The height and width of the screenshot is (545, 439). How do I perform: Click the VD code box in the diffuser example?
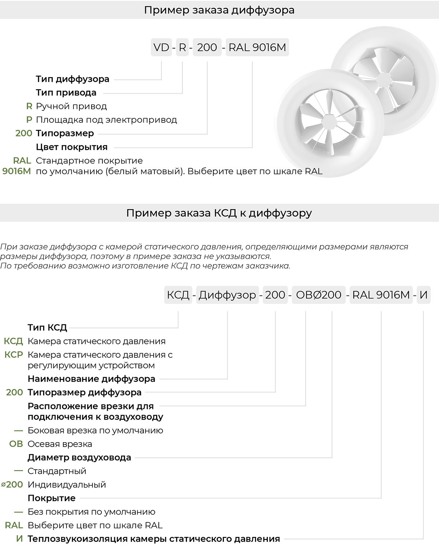[161, 47]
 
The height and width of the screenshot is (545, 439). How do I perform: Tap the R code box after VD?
[182, 47]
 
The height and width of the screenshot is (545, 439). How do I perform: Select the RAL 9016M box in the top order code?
[257, 47]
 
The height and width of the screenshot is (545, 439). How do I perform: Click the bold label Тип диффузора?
[72, 79]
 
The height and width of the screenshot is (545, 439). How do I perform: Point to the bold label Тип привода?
[66, 93]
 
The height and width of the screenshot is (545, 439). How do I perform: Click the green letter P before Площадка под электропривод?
[29, 120]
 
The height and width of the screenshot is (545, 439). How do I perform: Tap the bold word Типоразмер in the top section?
[65, 133]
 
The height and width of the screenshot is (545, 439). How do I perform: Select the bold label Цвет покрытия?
[72, 147]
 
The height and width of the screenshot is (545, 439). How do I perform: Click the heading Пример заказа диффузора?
[219, 10]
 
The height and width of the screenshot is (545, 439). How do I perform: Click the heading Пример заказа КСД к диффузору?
[219, 213]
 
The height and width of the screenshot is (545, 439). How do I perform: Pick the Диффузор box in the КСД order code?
[227, 295]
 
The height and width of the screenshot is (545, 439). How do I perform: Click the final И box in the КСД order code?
[424, 295]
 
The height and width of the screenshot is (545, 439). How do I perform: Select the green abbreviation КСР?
[14, 355]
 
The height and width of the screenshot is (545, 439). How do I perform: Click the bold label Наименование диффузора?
[91, 379]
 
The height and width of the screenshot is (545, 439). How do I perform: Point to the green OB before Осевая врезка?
[16, 444]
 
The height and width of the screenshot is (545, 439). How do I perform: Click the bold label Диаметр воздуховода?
[79, 458]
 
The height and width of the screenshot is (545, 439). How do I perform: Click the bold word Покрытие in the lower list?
[52, 498]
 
